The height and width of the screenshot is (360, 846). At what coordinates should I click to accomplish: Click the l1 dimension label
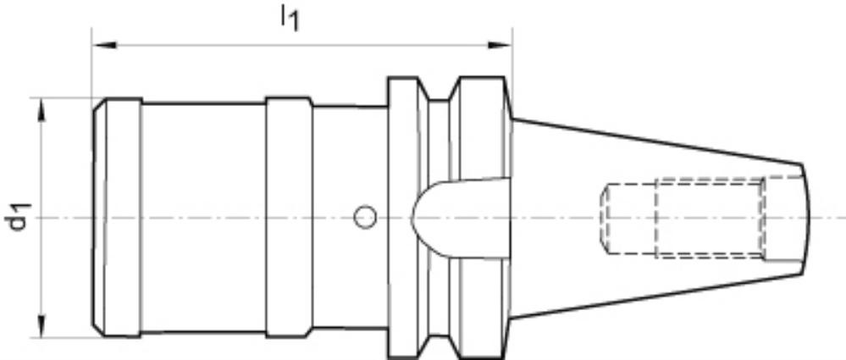point(290,19)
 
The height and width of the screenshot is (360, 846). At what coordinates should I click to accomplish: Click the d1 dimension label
point(20,217)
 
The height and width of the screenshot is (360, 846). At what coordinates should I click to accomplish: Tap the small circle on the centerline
point(365,217)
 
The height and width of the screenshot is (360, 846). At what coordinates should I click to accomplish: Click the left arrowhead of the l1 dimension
point(104,45)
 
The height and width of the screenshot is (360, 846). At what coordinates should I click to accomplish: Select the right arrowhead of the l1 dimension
point(500,45)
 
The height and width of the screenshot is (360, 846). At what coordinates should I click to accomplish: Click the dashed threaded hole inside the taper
point(683,218)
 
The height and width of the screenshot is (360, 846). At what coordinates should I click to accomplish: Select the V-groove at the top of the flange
point(439,90)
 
